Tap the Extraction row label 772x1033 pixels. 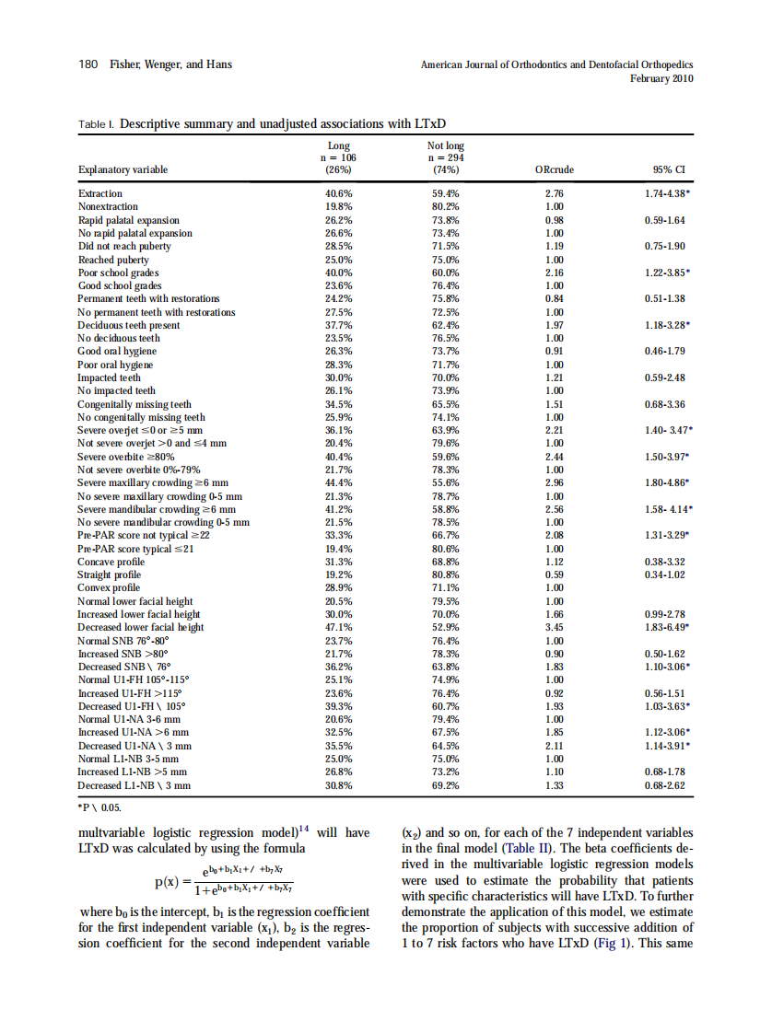click(99, 193)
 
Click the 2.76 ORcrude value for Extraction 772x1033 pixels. click(555, 193)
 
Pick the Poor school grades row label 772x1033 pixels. click(118, 273)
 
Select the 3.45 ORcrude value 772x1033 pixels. click(555, 627)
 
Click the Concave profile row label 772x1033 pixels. click(111, 562)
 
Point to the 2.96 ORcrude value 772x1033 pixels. click(555, 482)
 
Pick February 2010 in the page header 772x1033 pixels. click(661, 79)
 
